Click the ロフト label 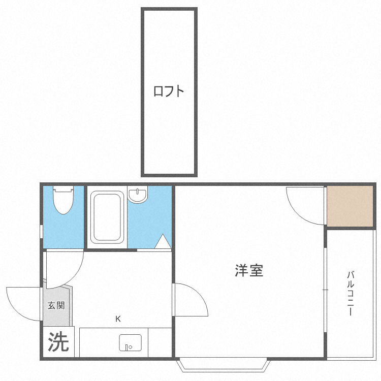pos(169,92)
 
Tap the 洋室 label pos(249,271)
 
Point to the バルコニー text pos(350,294)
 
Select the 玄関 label pos(56,305)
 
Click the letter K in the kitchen pos(118,319)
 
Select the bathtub pos(107,217)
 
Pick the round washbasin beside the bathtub pos(137,195)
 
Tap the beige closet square pos(350,206)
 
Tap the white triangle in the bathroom pos(163,242)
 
